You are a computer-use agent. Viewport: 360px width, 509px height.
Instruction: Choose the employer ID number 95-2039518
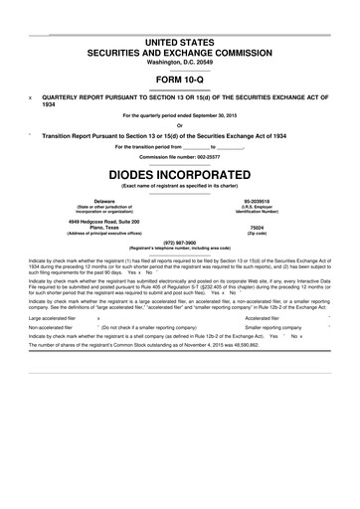[262, 200]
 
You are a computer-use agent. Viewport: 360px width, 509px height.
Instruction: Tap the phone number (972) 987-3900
[180, 241]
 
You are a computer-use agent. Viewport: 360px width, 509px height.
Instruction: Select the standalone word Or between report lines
[180, 125]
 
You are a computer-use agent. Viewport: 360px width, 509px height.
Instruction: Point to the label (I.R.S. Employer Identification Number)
[262, 209]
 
